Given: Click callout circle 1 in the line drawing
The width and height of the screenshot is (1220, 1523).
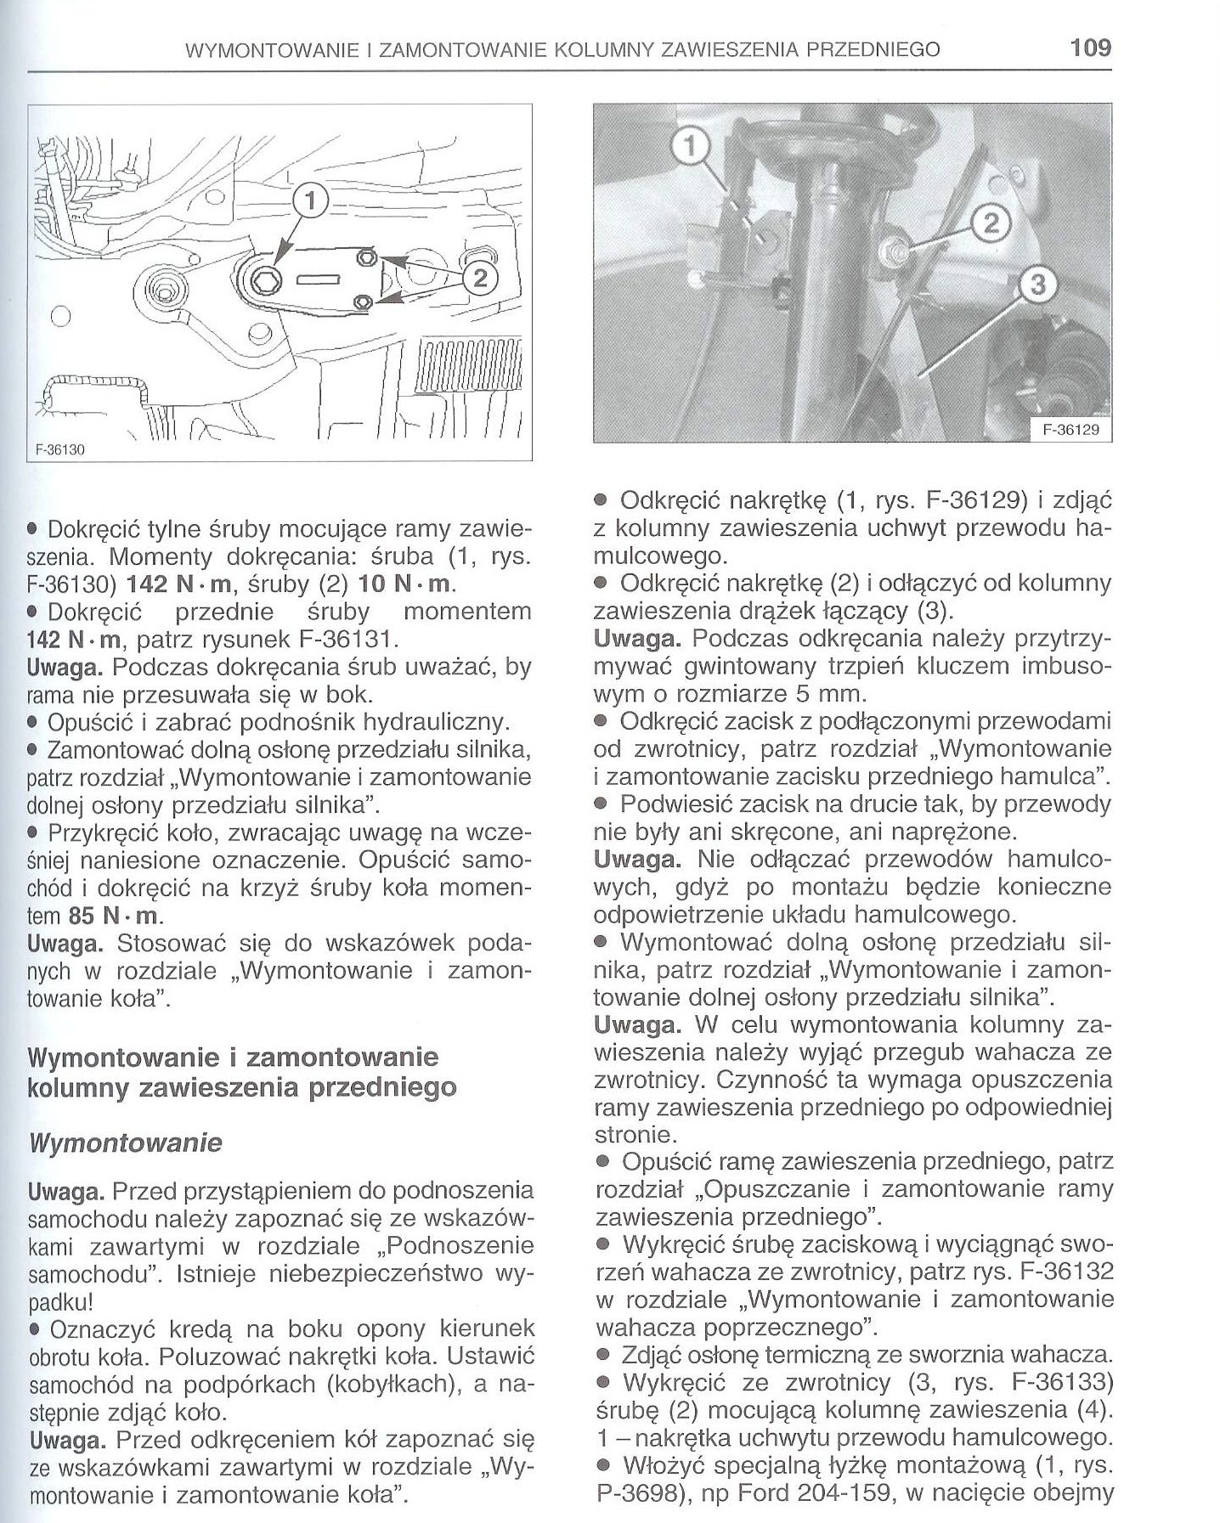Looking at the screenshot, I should click(310, 201).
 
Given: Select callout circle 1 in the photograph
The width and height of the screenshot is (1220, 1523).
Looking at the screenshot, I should click(690, 148).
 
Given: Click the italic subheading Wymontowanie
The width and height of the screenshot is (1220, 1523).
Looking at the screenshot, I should click(125, 1142).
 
